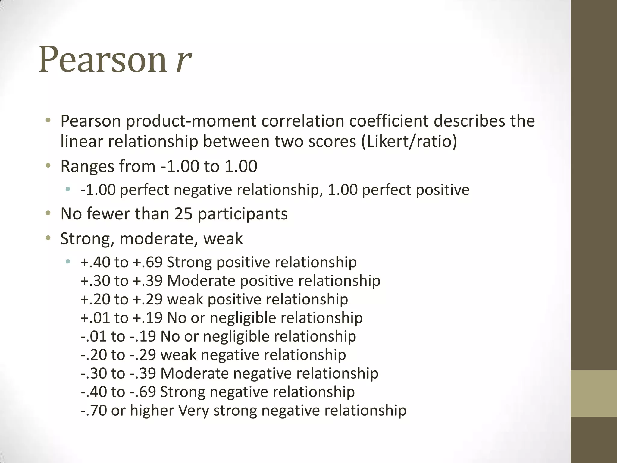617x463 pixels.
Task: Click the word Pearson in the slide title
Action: [103, 59]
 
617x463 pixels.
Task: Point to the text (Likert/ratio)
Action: [409, 141]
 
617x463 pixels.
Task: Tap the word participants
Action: [243, 214]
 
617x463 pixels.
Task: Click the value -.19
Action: [143, 336]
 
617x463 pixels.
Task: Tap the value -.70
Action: [93, 411]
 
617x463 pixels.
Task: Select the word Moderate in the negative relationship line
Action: [195, 373]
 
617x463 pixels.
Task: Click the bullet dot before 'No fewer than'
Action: [48, 214]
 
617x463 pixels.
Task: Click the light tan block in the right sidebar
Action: [594, 394]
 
